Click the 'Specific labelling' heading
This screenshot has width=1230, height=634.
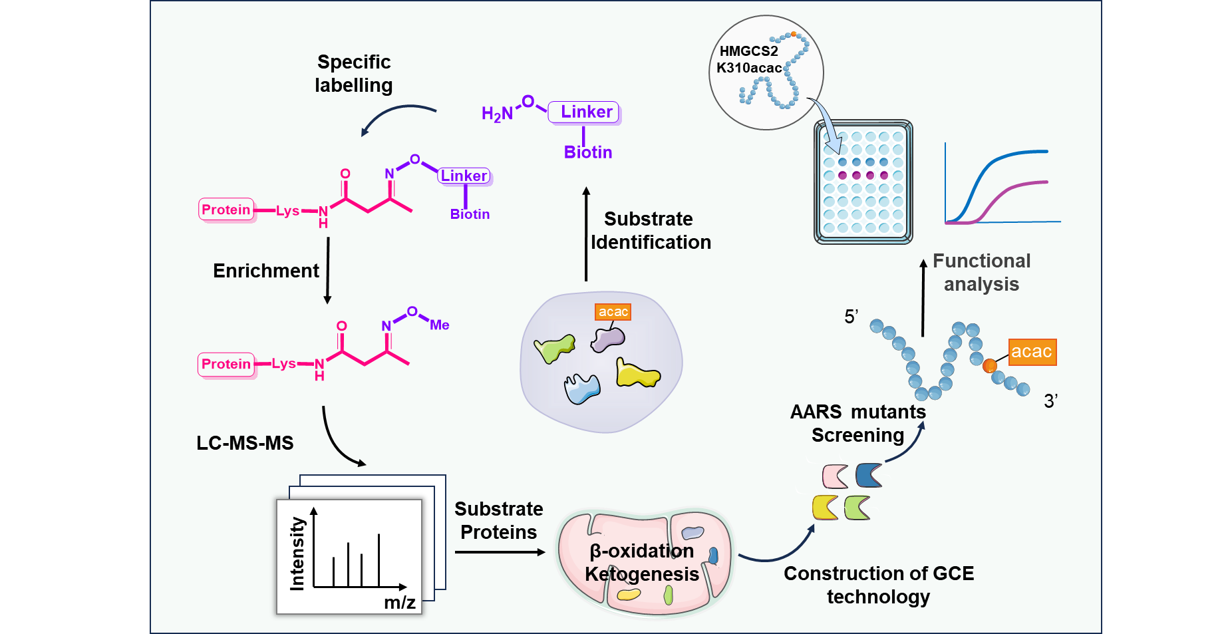point(353,73)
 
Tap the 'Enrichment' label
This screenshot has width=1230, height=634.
point(265,271)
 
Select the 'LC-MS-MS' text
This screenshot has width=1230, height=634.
point(245,443)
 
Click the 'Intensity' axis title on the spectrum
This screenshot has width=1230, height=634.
point(297,554)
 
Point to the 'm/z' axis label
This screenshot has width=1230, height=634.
point(399,603)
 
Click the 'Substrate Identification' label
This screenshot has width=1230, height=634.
point(650,230)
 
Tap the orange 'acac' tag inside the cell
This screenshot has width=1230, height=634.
point(613,312)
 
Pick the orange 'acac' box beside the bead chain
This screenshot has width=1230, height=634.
point(1031,352)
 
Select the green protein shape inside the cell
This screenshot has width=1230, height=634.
point(554,348)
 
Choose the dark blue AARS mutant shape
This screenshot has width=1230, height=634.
point(868,475)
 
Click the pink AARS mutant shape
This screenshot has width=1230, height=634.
point(835,476)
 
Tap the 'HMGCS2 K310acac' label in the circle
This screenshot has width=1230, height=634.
point(749,60)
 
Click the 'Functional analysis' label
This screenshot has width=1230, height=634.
point(981,272)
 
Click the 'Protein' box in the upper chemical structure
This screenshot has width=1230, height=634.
point(226,210)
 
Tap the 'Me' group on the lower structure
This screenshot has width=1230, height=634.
point(439,325)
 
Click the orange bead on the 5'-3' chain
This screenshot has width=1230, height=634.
point(989,365)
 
